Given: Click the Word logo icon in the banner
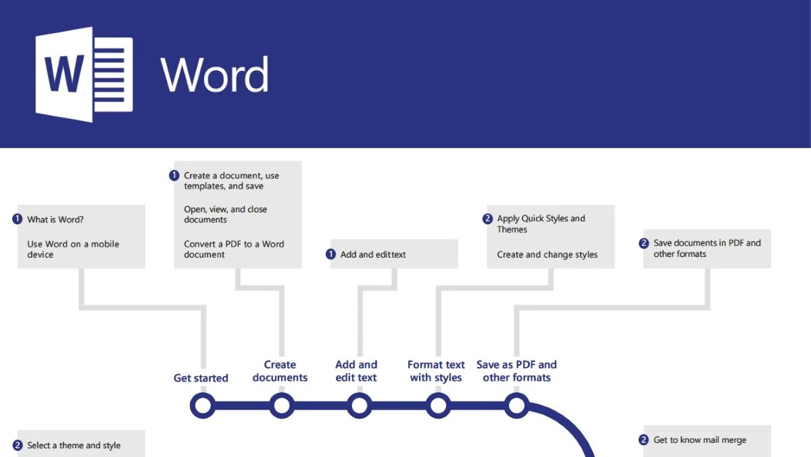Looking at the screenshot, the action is [84, 74].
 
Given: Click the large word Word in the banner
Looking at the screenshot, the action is [214, 74].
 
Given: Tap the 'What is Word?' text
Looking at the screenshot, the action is [55, 220].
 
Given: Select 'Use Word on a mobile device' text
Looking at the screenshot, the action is [73, 249].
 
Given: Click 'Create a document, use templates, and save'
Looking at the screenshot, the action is [231, 181].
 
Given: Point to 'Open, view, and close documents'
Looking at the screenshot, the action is [226, 214].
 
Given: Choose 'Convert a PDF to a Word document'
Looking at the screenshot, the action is [234, 249].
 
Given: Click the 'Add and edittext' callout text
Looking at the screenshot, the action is [373, 255].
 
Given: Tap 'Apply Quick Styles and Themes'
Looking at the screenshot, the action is [541, 224].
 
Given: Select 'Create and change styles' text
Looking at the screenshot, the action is [547, 255].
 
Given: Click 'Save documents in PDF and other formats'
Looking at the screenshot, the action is [707, 248].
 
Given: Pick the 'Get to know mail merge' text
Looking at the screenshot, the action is [699, 440].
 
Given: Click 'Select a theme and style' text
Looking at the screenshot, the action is [74, 446].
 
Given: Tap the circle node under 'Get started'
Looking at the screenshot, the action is [203, 406].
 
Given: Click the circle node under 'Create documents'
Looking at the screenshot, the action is [281, 406].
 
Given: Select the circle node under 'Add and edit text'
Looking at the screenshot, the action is [360, 406].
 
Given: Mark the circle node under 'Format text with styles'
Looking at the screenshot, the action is [438, 406].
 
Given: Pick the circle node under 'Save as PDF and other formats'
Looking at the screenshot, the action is [516, 406].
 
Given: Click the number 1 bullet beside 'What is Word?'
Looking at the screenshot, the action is [18, 219].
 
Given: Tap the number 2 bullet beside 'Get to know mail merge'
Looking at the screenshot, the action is [643, 440].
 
